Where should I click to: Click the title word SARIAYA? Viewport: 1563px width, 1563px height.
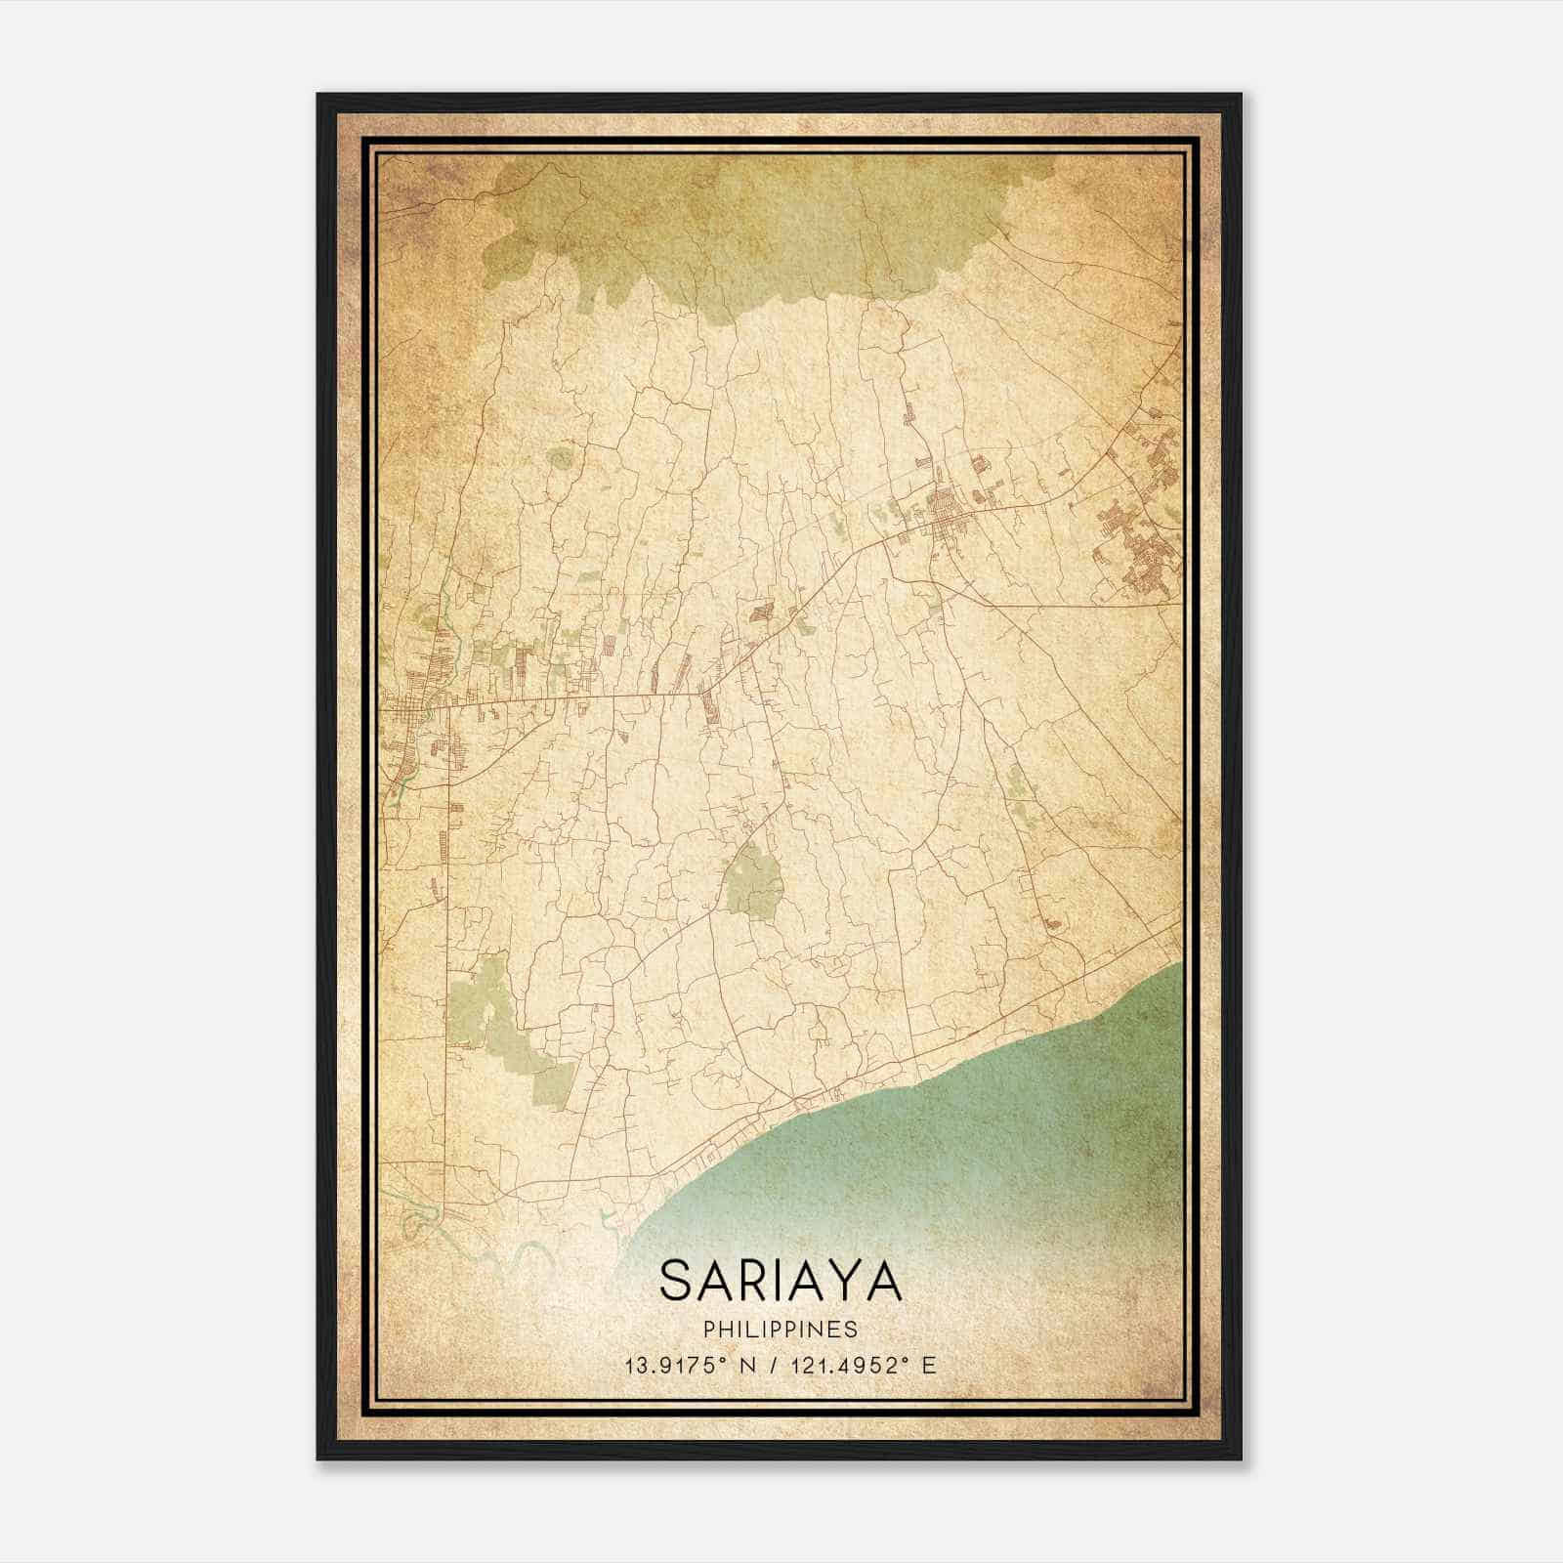tap(781, 1281)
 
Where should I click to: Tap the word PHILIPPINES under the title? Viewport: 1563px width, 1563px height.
tap(781, 1330)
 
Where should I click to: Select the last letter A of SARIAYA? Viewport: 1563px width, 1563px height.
tap(883, 1281)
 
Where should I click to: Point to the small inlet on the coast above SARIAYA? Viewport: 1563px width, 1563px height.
tap(608, 1215)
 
